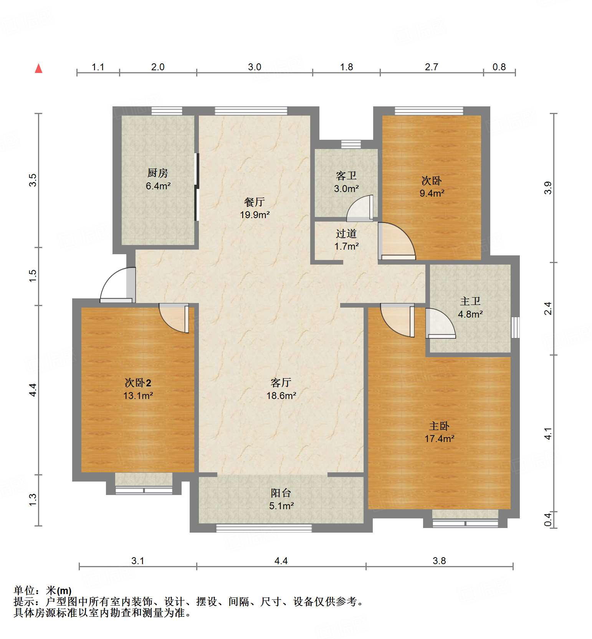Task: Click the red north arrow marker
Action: (x=38, y=68)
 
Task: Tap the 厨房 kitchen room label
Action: (x=158, y=173)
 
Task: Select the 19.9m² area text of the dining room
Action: (x=255, y=215)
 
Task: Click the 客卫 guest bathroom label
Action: (x=346, y=176)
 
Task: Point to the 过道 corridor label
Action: (x=346, y=233)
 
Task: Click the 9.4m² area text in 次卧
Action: (x=432, y=193)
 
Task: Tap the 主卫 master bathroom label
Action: (x=470, y=301)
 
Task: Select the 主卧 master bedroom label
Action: (x=439, y=426)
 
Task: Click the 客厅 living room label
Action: (x=281, y=382)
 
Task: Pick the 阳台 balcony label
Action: (x=281, y=493)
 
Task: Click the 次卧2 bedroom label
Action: (x=138, y=382)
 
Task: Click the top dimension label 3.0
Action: (x=255, y=67)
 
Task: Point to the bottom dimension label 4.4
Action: (x=281, y=561)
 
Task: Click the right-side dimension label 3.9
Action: (x=548, y=188)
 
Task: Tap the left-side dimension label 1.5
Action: (x=33, y=276)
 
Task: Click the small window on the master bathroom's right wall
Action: (x=515, y=328)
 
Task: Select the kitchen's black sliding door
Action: (x=197, y=187)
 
